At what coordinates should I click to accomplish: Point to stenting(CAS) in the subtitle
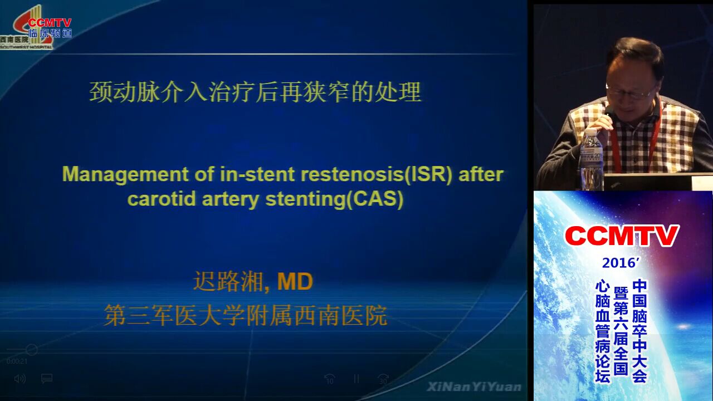click(335, 199)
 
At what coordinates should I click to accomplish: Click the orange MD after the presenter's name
click(295, 281)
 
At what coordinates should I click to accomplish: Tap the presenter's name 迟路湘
click(228, 281)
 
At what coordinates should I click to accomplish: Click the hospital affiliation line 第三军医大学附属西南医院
click(246, 315)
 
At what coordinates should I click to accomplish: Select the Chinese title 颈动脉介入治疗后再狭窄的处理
click(255, 92)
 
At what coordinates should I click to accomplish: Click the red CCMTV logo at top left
click(50, 23)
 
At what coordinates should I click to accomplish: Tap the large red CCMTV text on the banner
click(622, 236)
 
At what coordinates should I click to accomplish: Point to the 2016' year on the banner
click(621, 263)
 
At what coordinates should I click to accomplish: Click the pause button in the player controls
click(356, 379)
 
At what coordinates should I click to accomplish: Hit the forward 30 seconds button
click(383, 379)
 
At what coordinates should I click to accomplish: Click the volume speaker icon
click(19, 379)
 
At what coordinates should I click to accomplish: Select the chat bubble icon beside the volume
click(47, 379)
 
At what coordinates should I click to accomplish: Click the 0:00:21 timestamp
click(17, 361)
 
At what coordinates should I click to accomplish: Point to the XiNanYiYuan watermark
click(474, 387)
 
